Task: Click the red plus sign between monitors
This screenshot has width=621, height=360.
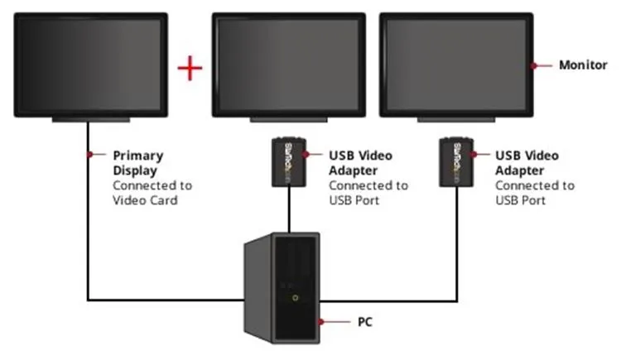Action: click(191, 68)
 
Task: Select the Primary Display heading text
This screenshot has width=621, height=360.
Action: click(138, 162)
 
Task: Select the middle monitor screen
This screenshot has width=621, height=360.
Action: click(288, 64)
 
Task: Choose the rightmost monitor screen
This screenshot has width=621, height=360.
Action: click(455, 64)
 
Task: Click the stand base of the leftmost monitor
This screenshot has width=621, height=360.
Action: click(85, 120)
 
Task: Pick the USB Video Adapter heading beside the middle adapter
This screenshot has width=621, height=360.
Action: click(360, 162)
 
